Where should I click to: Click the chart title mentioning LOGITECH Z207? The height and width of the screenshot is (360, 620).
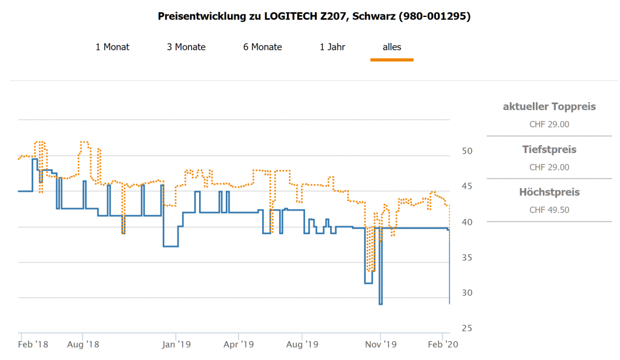[314, 16]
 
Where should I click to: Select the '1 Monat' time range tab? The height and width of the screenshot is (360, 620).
[113, 47]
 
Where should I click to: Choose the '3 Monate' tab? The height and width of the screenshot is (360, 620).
[186, 47]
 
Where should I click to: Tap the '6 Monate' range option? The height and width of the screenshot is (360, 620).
[263, 47]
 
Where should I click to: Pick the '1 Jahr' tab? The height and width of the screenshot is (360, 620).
[332, 47]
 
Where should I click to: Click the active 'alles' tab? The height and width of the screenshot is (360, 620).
[392, 47]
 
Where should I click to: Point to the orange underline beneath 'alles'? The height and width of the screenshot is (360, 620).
[392, 59]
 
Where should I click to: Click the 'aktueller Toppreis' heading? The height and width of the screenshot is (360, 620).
[549, 106]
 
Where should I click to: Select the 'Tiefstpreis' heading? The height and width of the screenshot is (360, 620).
[549, 149]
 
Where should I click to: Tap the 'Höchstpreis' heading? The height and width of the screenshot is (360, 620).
[549, 192]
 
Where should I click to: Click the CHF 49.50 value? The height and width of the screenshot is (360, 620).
[549, 210]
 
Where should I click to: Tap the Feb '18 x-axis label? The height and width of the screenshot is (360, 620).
[33, 344]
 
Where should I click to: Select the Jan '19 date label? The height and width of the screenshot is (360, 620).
[177, 344]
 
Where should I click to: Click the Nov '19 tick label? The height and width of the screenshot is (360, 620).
[381, 344]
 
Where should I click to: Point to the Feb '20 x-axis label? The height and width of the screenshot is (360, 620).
[444, 344]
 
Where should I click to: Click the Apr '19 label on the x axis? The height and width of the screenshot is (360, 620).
[239, 344]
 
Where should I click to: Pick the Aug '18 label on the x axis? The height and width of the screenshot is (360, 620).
[84, 344]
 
